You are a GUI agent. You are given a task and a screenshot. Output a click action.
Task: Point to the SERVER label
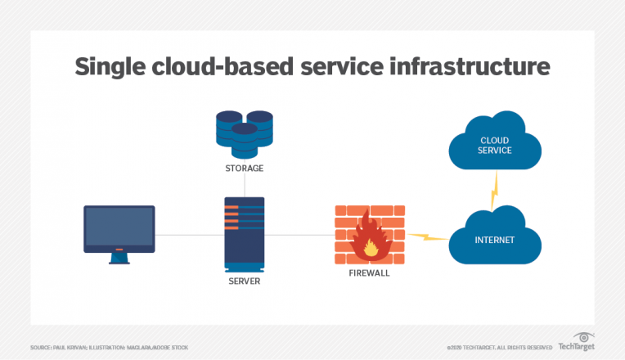pos(244,280)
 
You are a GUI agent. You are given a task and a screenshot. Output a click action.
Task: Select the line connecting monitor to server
pos(189,236)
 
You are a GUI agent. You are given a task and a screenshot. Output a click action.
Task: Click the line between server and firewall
pos(299,236)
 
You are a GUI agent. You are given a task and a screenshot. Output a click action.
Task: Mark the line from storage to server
pos(244,186)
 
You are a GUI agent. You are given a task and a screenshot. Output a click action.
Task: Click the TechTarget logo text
pos(576,347)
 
